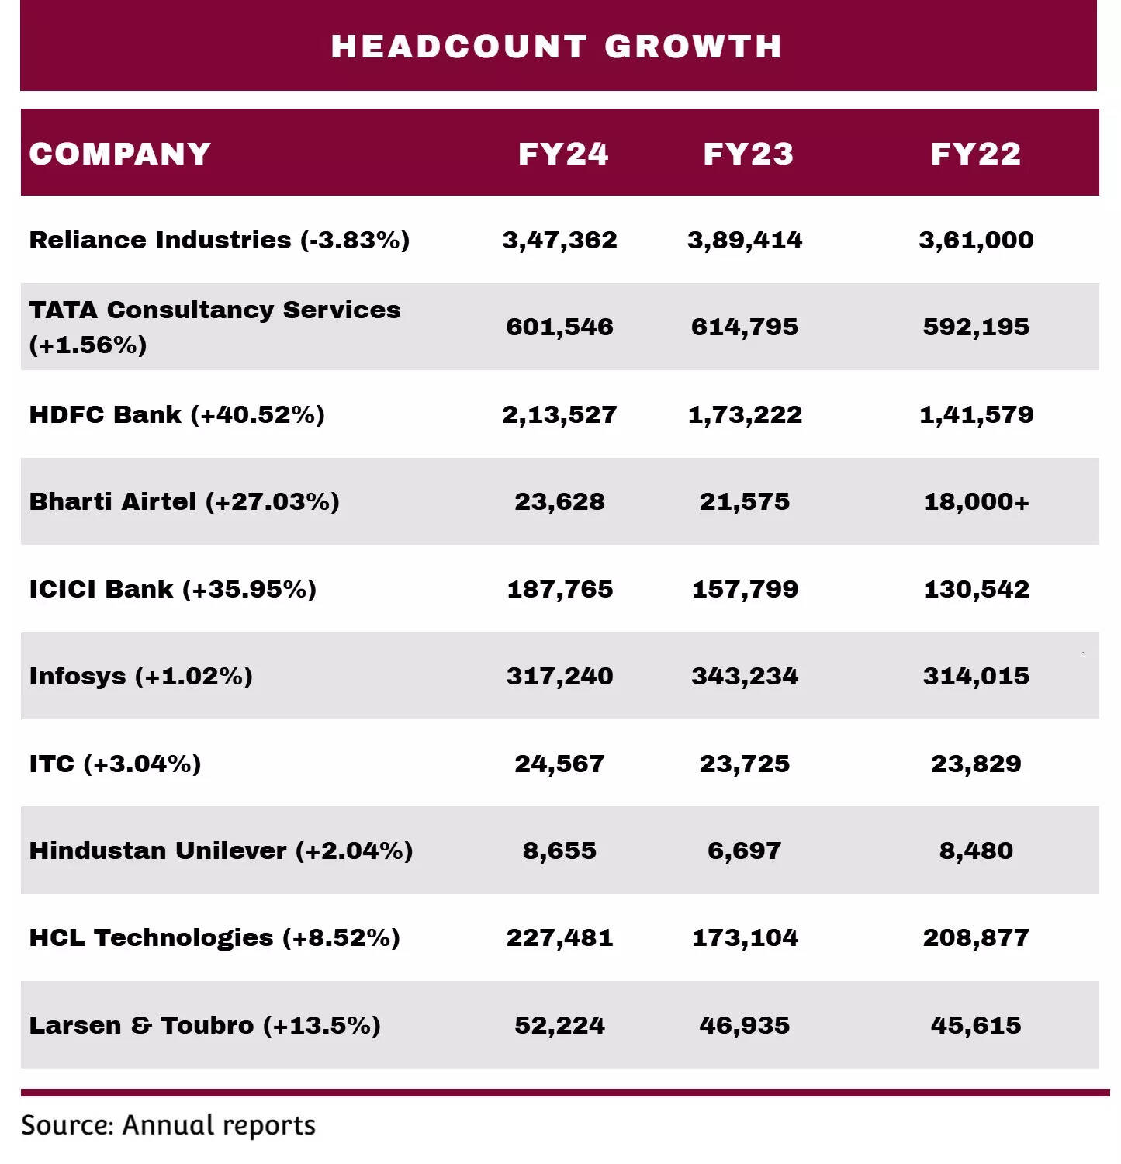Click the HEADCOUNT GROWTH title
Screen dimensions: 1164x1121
(556, 47)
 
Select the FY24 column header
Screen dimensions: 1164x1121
(563, 154)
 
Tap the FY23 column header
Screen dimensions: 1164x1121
(748, 154)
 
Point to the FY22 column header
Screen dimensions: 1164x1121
(976, 154)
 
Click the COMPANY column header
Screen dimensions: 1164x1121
(120, 154)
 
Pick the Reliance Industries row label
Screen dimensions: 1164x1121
(220, 240)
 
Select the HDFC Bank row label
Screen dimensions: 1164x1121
(177, 414)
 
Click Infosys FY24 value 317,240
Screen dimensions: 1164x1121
(559, 676)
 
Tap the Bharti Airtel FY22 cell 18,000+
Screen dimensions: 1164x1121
(976, 501)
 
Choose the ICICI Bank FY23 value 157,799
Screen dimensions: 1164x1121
(745, 589)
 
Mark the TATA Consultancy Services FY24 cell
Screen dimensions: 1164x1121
(559, 327)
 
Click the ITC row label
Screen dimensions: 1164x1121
(115, 764)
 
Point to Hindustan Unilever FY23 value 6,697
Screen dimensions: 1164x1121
(744, 850)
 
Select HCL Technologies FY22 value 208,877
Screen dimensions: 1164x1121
(976, 937)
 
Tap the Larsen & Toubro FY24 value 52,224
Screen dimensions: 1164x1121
(559, 1025)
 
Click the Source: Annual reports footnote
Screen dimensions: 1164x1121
(168, 1125)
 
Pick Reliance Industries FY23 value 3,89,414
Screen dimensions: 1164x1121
(745, 240)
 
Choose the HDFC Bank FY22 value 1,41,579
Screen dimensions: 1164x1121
(976, 414)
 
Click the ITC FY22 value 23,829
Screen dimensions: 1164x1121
(976, 764)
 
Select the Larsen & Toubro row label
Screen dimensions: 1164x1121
(205, 1025)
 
